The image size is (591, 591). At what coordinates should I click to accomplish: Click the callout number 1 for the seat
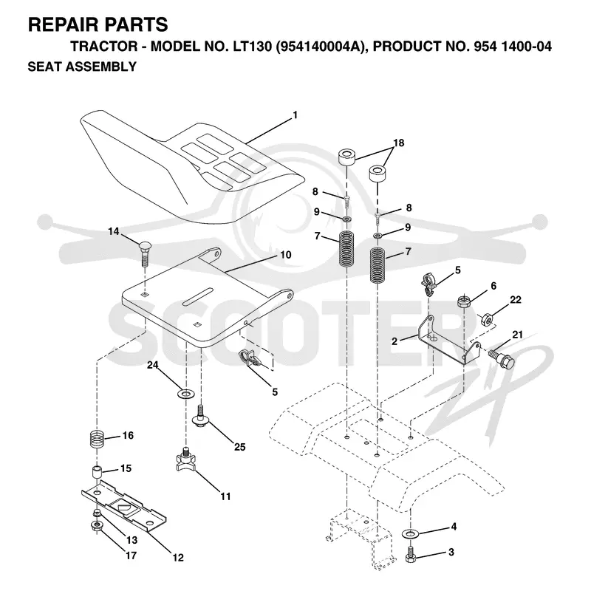295,115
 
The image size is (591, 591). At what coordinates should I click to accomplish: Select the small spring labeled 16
97,440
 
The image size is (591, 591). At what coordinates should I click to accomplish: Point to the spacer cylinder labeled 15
98,472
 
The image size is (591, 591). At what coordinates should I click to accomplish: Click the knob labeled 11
185,459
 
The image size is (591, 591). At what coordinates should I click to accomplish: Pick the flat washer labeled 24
185,394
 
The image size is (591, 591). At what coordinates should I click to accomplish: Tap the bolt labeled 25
201,416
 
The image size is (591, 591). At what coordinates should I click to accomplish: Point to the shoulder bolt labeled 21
502,360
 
